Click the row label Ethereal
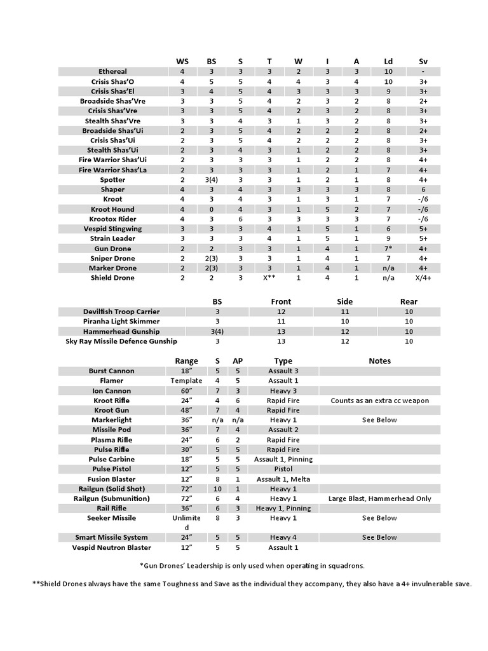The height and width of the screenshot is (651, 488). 112,72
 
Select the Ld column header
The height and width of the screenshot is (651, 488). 388,61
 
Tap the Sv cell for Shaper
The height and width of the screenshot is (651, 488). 423,189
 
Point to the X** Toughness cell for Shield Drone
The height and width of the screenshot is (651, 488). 269,278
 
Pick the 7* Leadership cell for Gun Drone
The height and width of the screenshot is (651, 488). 388,249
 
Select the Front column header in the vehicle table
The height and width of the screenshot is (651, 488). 281,301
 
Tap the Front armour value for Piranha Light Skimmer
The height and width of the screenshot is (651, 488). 281,322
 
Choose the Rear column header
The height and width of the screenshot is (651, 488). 409,301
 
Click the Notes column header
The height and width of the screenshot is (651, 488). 379,360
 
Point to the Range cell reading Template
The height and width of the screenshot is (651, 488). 186,381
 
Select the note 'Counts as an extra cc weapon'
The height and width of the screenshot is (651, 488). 379,401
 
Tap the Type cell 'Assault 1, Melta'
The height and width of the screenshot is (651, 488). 283,479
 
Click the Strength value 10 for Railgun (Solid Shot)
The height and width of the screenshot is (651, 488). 217,489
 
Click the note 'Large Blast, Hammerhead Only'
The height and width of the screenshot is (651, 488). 379,498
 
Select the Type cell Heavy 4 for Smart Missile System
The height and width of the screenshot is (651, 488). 283,537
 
